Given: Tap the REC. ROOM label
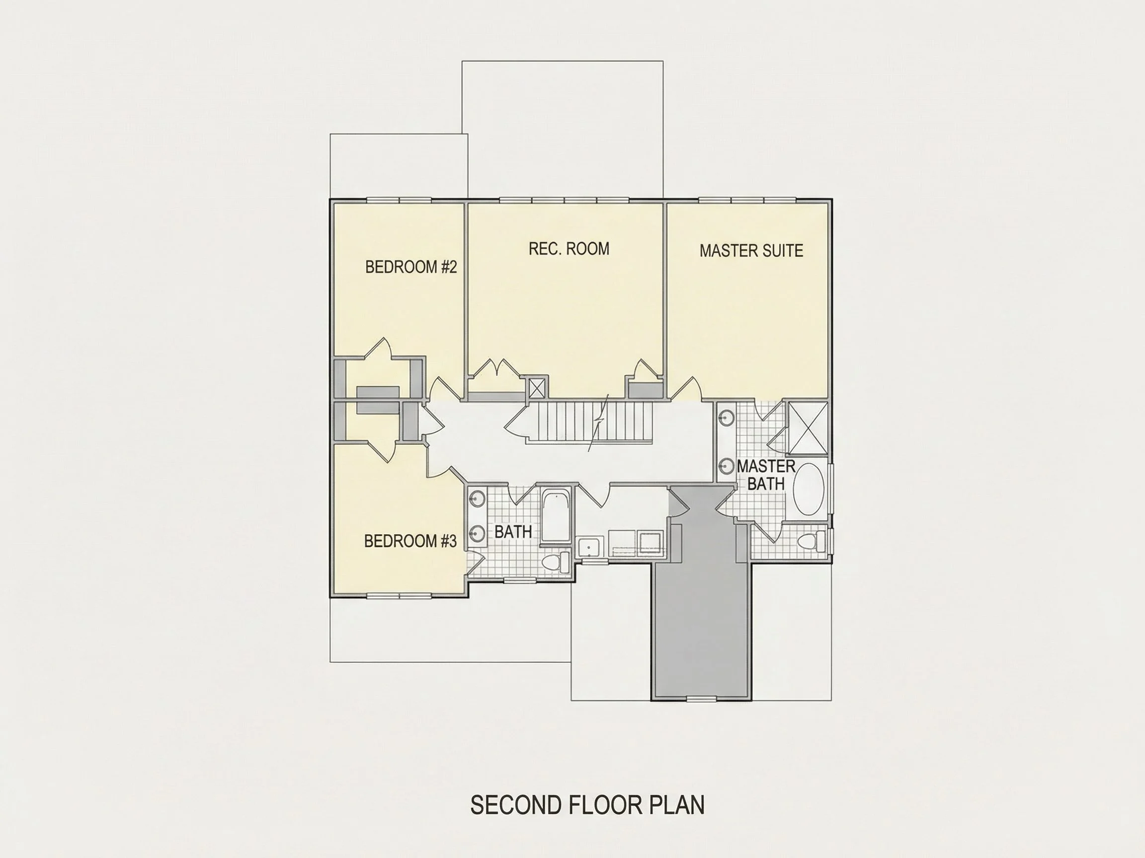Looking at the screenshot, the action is [x=569, y=249].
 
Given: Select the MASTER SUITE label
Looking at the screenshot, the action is [x=751, y=251].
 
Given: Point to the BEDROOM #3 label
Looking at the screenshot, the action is [x=410, y=541].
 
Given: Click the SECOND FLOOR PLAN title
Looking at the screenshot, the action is [x=587, y=805].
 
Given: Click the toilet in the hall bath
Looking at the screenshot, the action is [x=557, y=562].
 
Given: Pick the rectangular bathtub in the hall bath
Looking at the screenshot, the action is [x=556, y=516].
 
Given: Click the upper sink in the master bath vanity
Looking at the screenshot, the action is [x=727, y=419].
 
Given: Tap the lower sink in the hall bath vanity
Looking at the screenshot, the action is [x=477, y=532].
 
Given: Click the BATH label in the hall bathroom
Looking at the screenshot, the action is [x=513, y=532].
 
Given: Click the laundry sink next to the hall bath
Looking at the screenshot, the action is [x=590, y=547].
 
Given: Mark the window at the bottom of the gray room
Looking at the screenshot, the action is [x=702, y=699].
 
